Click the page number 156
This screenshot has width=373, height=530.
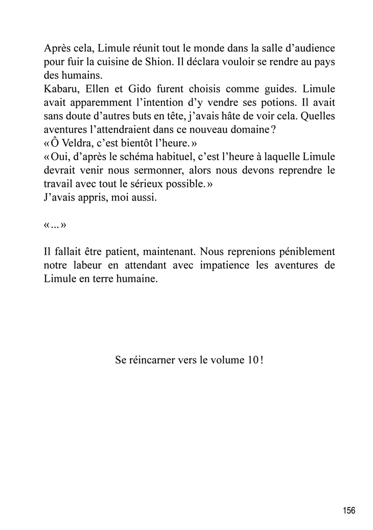click(x=349, y=511)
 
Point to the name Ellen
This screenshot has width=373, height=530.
click(x=96, y=89)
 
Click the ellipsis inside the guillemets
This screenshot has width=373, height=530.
click(x=55, y=225)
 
